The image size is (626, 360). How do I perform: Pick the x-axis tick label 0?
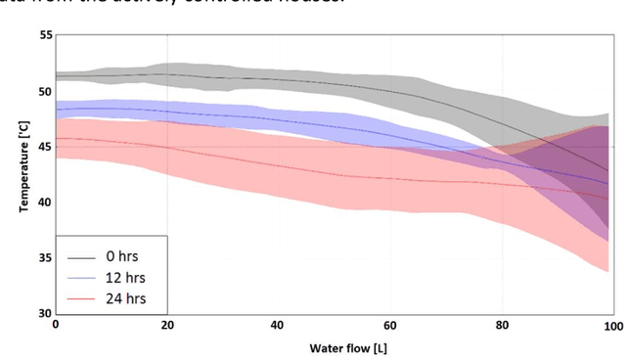[56, 325]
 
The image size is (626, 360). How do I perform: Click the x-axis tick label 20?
[166, 325]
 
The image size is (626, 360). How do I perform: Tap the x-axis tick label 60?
[390, 325]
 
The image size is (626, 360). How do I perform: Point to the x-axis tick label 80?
[502, 325]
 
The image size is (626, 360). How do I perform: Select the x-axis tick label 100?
[611, 325]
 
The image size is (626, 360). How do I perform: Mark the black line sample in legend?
[81, 257]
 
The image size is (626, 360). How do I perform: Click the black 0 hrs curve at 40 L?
[279, 79]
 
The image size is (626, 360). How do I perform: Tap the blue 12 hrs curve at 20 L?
[167, 112]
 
